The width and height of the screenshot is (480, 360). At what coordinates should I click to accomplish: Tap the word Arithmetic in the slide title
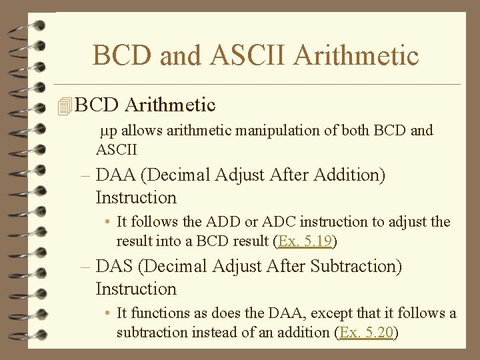[x=355, y=55]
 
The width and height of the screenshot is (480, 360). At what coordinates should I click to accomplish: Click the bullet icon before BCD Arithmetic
[x=64, y=106]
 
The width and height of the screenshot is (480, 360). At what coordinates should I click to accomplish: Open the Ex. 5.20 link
[x=366, y=332]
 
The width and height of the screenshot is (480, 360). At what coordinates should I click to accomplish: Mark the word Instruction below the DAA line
[x=136, y=198]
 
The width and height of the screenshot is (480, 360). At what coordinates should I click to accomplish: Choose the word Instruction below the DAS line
[x=136, y=289]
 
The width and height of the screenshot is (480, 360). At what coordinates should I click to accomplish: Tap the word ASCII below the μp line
[x=117, y=149]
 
